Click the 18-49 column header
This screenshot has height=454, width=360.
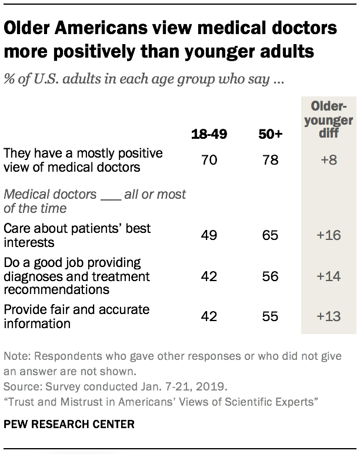(x=210, y=135)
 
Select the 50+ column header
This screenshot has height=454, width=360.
(x=271, y=135)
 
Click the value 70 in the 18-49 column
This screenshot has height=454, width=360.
(x=210, y=159)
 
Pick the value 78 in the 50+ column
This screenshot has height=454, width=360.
(x=271, y=159)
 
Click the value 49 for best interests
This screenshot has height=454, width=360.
(x=210, y=235)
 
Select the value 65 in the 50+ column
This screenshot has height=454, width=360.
(x=271, y=235)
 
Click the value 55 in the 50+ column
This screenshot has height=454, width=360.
(x=271, y=316)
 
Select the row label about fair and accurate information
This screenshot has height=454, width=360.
(x=76, y=316)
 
